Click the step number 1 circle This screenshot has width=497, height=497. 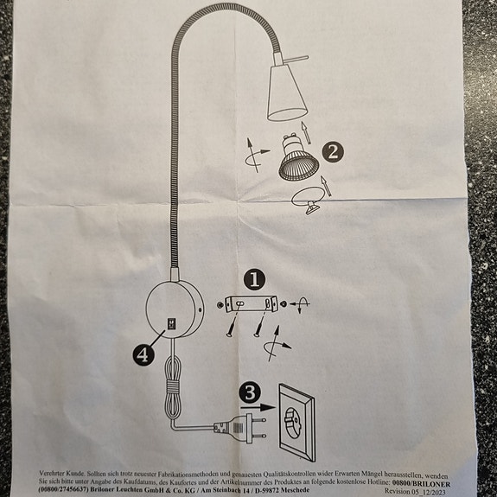[253, 279]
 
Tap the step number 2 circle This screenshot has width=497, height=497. [332, 152]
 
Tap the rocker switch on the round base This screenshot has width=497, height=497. [170, 324]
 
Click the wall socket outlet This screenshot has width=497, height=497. [296, 421]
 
